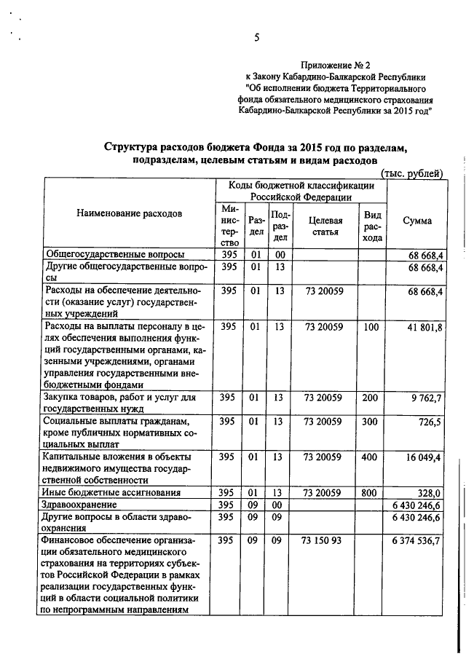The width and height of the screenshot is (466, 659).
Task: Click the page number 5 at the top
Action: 257,38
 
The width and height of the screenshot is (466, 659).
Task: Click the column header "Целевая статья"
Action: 325,226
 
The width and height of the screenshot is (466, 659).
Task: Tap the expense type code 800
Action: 371,492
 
